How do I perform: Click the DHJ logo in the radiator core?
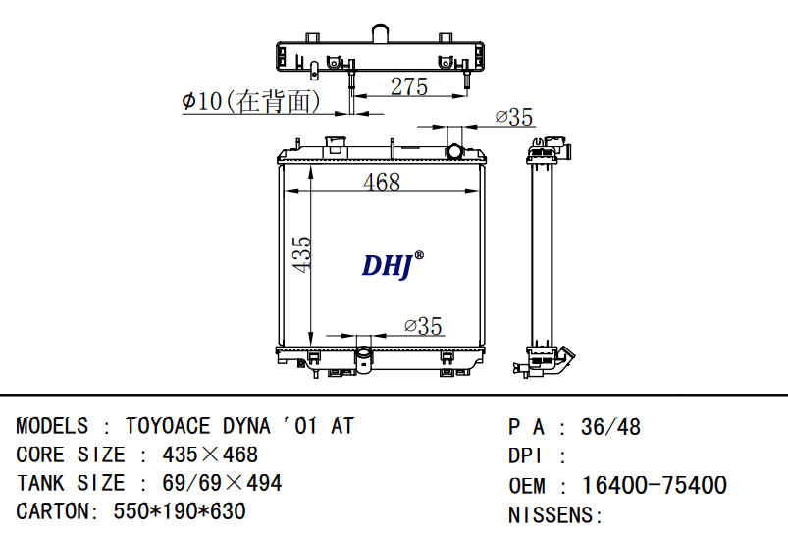(393, 265)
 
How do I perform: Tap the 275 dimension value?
(409, 86)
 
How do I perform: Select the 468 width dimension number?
(382, 182)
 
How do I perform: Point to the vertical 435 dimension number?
(301, 254)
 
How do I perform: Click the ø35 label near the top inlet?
(513, 117)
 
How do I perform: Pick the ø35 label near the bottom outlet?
(423, 326)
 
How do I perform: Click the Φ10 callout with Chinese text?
(251, 101)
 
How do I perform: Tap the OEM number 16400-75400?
(655, 485)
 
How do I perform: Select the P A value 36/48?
(610, 427)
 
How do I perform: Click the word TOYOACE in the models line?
(168, 426)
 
